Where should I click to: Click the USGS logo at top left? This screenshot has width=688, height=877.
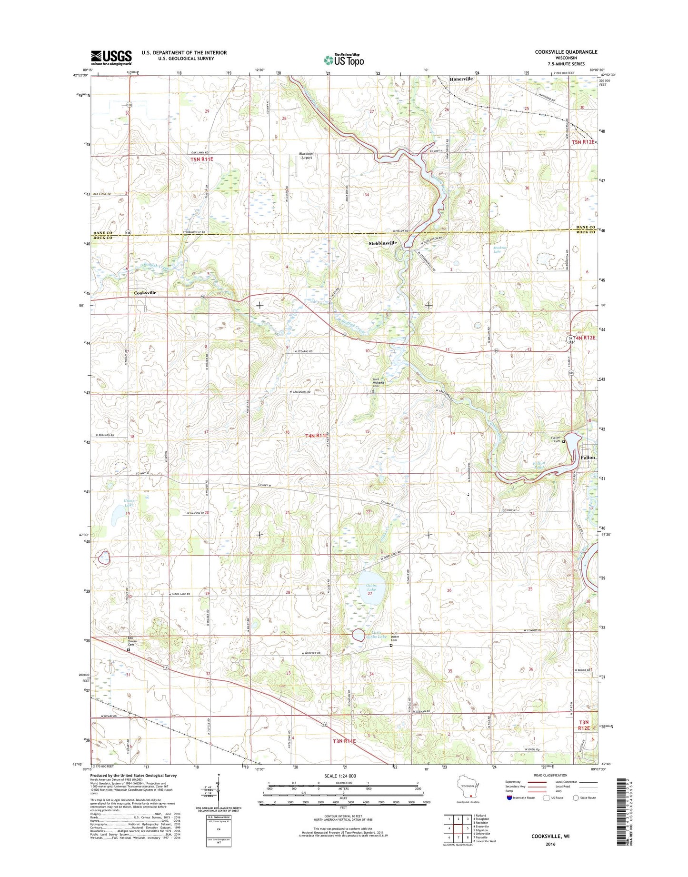[x=111, y=58]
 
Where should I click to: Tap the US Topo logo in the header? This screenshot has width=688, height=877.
[x=344, y=60]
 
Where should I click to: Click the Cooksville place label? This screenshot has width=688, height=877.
[x=145, y=293]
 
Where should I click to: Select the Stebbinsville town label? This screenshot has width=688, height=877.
[x=383, y=243]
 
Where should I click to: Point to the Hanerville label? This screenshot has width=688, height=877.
[x=461, y=79]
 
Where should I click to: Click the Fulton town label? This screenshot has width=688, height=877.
[x=588, y=458]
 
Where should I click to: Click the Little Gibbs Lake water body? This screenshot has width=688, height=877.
[x=359, y=635]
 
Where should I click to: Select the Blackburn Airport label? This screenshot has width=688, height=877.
[x=305, y=155]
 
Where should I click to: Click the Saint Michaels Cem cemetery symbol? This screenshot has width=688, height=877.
[x=373, y=391]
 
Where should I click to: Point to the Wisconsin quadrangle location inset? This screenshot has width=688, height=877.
[x=467, y=790]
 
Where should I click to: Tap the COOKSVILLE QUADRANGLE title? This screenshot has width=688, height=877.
[x=566, y=52]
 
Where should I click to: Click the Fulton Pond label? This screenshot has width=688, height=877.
[x=539, y=465]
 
